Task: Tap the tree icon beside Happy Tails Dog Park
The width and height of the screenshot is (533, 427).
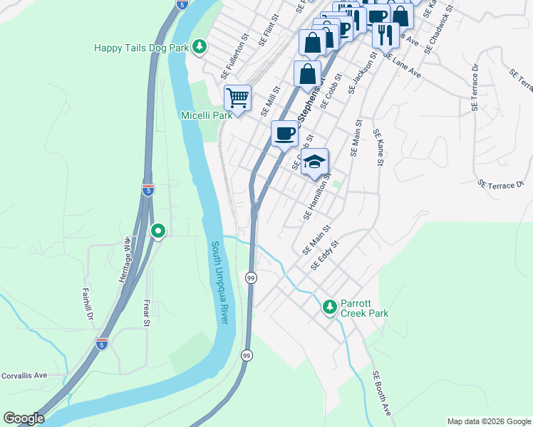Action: (201, 47)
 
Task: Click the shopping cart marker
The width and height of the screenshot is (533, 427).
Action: (237, 97)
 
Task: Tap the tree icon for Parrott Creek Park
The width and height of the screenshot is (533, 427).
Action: (329, 307)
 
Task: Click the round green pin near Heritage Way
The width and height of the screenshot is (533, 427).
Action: (158, 231)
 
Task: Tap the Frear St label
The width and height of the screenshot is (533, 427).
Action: (147, 313)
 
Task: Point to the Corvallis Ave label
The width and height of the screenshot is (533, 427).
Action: (24, 375)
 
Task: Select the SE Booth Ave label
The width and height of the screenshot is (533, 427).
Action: (381, 393)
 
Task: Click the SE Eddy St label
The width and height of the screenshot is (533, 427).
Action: (325, 255)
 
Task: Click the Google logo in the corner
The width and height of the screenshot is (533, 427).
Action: (24, 418)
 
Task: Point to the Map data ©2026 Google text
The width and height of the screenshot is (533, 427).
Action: (488, 421)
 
